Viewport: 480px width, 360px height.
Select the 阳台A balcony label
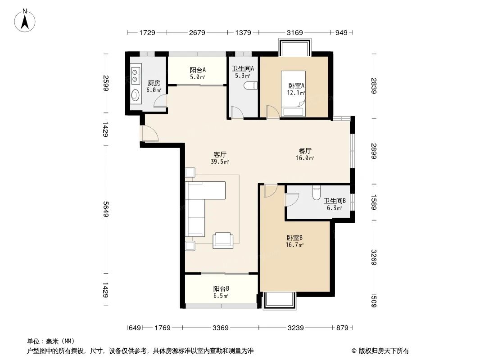[198, 73]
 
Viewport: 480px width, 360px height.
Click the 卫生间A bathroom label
[243, 72]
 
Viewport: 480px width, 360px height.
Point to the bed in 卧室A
[293, 94]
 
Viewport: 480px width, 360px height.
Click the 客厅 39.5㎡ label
[220, 157]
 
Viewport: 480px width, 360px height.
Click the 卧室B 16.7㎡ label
[294, 241]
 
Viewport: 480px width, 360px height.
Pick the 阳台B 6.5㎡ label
[221, 292]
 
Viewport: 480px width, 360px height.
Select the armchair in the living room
[224, 240]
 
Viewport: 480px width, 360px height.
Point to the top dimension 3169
[295, 32]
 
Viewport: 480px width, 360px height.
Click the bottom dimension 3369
[221, 328]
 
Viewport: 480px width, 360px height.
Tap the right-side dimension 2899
[373, 151]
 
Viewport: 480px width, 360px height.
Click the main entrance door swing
[149, 133]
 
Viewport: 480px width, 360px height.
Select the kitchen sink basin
[135, 95]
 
